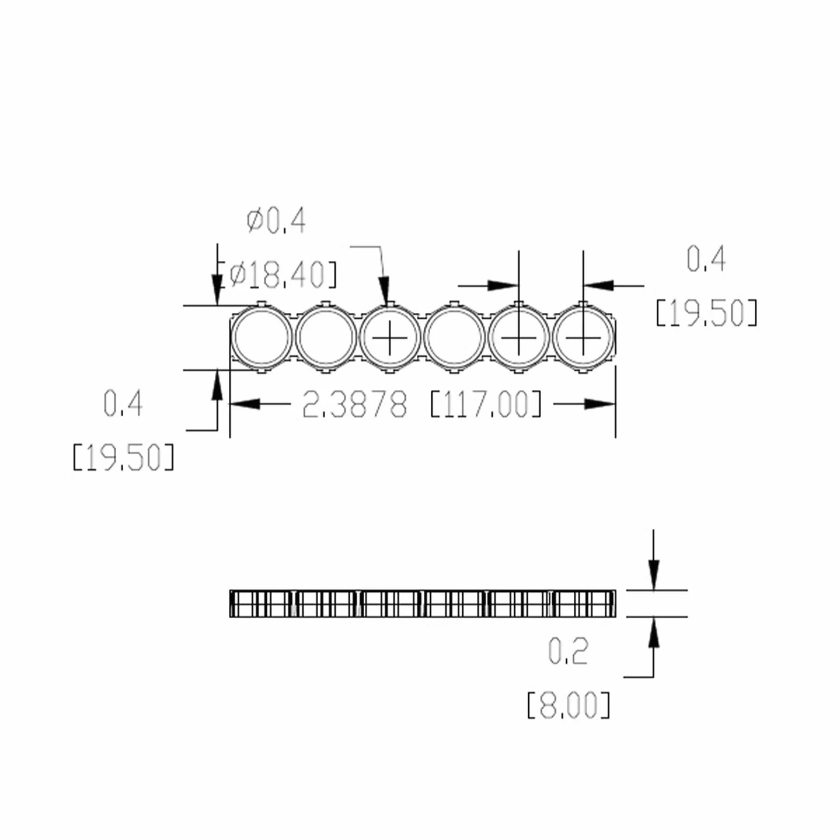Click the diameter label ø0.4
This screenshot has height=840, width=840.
(276, 221)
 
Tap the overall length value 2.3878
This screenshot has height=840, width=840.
(355, 404)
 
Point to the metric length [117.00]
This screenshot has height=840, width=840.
(486, 404)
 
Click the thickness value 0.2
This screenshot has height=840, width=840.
(568, 651)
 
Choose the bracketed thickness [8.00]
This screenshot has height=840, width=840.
(569, 705)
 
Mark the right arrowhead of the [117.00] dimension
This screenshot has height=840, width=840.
(600, 404)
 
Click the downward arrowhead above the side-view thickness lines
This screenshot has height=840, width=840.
(654, 575)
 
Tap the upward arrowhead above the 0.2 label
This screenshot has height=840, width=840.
(654, 632)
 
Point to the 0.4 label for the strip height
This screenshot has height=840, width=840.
(123, 403)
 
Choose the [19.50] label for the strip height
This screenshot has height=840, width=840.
(124, 457)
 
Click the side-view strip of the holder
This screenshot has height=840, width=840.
(423, 604)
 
